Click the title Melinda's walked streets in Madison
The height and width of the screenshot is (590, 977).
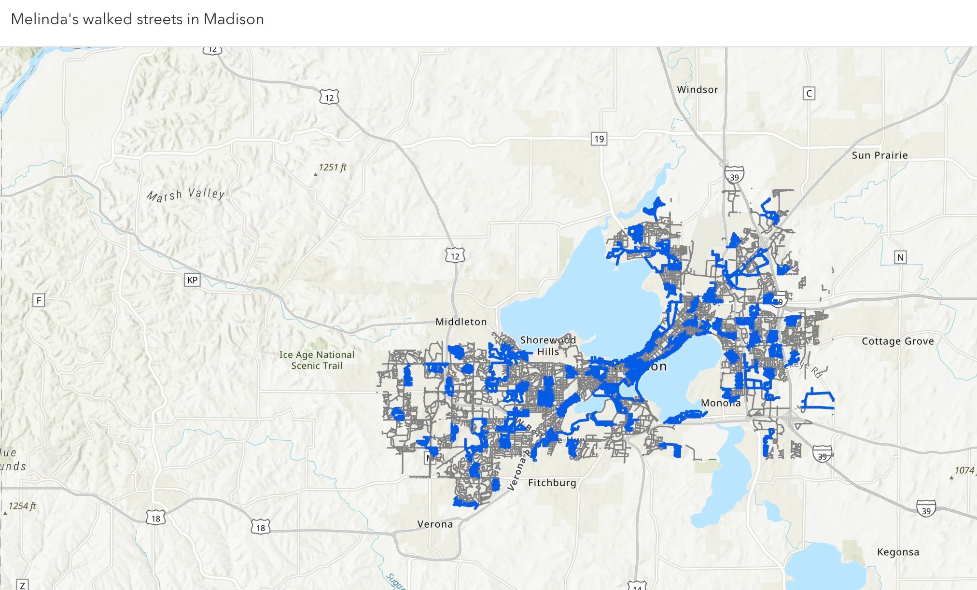[x=137, y=19]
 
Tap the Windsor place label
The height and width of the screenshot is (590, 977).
[x=697, y=89]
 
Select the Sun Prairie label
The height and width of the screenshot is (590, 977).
[x=879, y=155]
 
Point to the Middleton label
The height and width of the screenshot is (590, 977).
[x=461, y=322]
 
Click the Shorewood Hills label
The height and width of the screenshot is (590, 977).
[x=548, y=346]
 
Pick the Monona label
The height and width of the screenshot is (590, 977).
[x=720, y=403]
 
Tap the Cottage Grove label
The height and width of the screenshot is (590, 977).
[x=897, y=341]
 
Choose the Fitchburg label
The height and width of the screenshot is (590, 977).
[x=552, y=482]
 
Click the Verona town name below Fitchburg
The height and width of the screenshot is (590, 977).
[x=435, y=524]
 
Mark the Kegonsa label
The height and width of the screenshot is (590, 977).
[x=898, y=552]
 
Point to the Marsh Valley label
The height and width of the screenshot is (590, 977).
[x=186, y=195]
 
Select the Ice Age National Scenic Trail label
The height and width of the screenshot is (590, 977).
[x=317, y=360]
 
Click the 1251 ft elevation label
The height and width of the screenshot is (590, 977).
[x=333, y=168]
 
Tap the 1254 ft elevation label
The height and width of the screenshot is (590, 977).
[x=22, y=506]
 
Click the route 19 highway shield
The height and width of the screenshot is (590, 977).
[x=599, y=139]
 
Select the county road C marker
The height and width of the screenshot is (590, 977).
[x=809, y=93]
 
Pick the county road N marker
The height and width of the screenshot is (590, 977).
[x=900, y=257]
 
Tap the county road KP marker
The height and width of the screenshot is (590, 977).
[x=192, y=280]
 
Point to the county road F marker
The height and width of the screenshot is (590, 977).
[x=39, y=300]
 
